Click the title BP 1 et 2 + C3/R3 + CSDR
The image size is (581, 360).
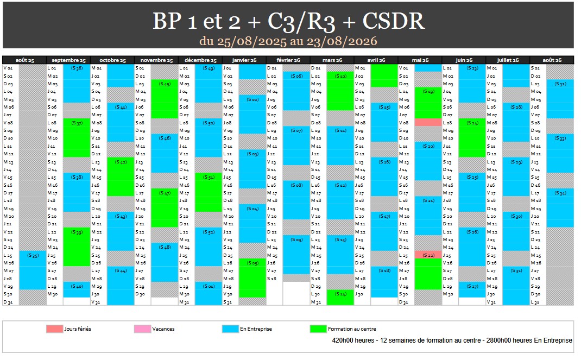[x=288, y=21]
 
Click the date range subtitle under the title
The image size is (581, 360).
[x=288, y=41]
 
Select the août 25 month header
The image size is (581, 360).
[x=24, y=60]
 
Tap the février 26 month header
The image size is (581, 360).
[x=288, y=60]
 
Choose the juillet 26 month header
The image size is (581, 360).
[x=507, y=60]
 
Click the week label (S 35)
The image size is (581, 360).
[x=33, y=255]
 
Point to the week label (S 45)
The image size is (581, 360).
[x=165, y=84]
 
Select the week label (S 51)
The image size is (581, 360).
[x=209, y=178]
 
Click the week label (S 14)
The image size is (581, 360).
[x=340, y=294]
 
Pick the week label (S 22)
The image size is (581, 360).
[x=428, y=255]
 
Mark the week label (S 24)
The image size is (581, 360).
[x=472, y=123]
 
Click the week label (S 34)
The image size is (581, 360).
[x=560, y=193]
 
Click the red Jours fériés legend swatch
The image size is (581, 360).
[x=54, y=329]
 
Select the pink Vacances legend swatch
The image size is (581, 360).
[x=142, y=329]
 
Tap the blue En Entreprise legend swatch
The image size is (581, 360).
[x=230, y=329]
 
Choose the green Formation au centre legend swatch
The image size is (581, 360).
[x=318, y=329]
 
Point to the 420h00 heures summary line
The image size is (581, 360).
[x=452, y=340]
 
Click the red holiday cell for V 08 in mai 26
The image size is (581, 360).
[x=428, y=123]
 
